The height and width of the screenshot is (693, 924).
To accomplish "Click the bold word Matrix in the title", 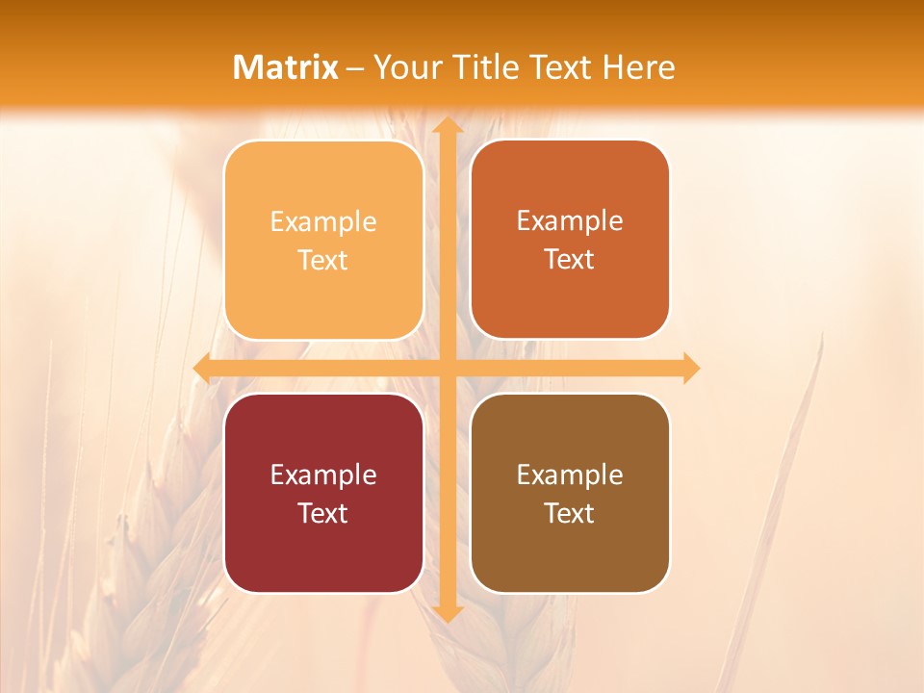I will point(286,67).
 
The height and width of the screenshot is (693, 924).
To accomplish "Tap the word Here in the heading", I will point(638,67).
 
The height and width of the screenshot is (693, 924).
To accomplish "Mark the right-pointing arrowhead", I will point(690,368).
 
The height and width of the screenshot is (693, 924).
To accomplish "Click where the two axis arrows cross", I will point(447,368).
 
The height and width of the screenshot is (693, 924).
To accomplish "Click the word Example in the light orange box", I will point(323,222).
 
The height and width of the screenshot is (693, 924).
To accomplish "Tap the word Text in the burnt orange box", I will point(570,260).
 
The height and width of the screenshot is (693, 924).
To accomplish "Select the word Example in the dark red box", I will point(323,475).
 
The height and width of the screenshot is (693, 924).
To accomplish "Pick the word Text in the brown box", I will point(570,513).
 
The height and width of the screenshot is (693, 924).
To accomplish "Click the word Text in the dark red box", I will point(323,513).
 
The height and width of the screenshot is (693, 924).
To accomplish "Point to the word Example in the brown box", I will point(570,475).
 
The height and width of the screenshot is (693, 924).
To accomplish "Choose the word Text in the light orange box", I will point(323,261).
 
